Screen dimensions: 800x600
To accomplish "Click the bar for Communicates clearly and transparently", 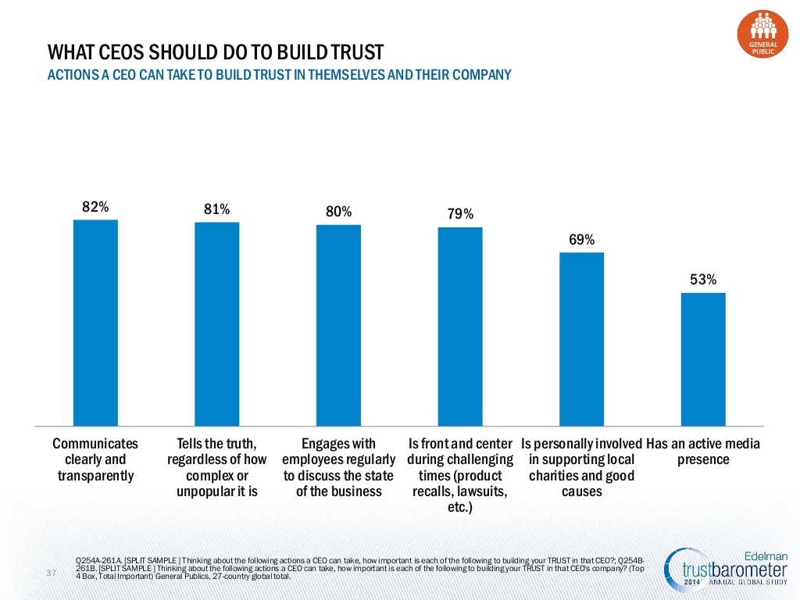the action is tap(95, 323).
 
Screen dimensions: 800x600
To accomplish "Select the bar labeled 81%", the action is tap(217, 324).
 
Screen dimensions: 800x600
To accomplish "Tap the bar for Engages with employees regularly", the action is tap(338, 325).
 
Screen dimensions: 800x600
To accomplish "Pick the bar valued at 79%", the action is tap(460, 327).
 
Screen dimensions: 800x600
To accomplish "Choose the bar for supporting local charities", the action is tap(581, 339).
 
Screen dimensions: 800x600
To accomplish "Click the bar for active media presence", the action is tap(703, 359).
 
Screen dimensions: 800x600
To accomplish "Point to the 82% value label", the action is tap(95, 206).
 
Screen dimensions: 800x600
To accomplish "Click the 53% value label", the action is tap(703, 280).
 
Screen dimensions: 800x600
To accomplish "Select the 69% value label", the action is tap(581, 239).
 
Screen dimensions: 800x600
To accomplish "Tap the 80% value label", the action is tap(339, 211).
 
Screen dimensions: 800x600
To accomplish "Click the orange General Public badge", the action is tap(762, 34).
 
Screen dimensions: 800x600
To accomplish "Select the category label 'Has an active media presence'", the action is tap(703, 452).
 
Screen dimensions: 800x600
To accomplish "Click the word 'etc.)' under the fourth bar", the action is tap(460, 507).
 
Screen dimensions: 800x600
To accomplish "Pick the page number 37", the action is tap(51, 573).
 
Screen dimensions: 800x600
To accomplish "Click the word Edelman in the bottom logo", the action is tap(766, 555).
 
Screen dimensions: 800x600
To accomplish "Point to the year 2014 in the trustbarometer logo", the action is tap(692, 582).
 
